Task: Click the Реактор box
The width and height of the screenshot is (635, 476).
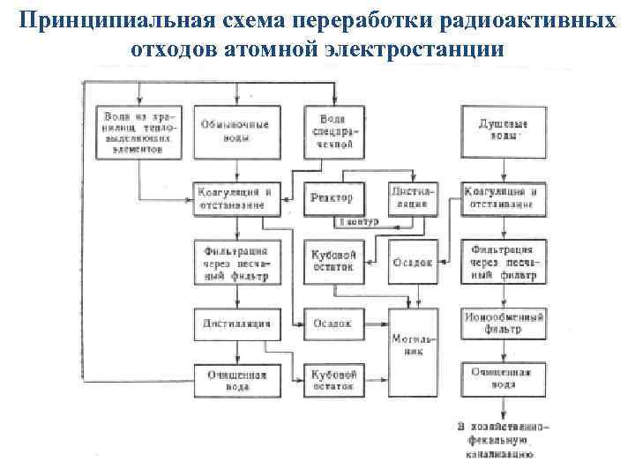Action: tap(332, 198)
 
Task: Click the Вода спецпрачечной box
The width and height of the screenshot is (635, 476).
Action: tap(333, 132)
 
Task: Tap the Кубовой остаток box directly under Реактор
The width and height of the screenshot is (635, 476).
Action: tap(332, 259)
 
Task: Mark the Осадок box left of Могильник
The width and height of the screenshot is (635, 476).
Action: tap(332, 323)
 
